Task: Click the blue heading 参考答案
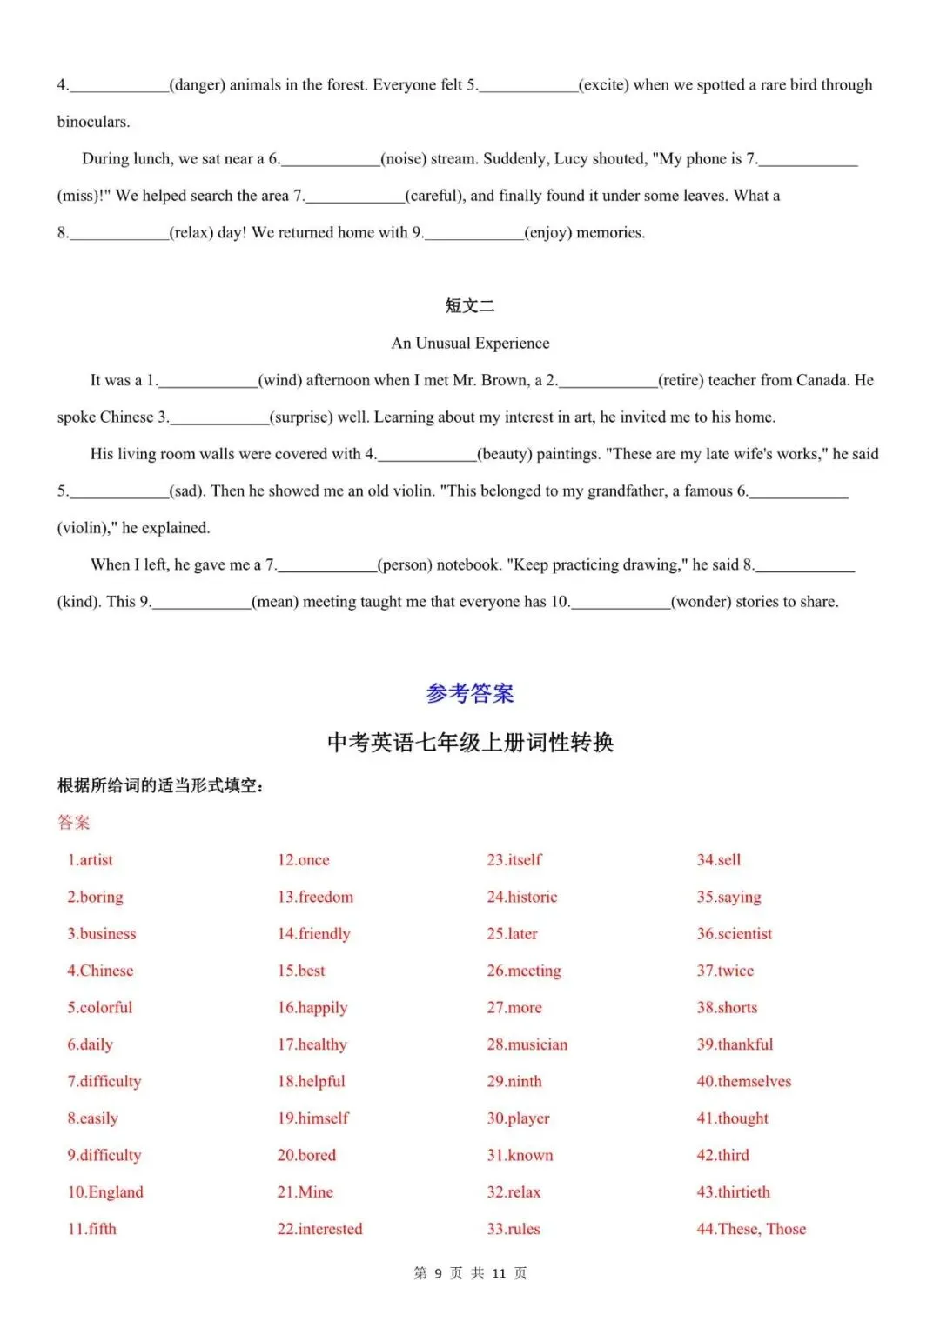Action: click(470, 693)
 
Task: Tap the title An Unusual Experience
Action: click(470, 344)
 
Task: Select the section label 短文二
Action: click(470, 305)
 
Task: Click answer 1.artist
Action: click(91, 860)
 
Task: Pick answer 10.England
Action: click(105, 1192)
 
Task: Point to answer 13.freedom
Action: click(315, 897)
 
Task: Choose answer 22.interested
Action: click(319, 1229)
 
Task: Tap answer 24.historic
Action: click(522, 897)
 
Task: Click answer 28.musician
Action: click(527, 1044)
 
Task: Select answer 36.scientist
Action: click(735, 934)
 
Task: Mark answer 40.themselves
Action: click(744, 1082)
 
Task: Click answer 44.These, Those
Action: click(751, 1229)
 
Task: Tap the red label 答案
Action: click(74, 823)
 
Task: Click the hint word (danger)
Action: click(197, 85)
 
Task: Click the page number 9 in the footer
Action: click(439, 1273)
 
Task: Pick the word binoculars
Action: click(93, 122)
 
